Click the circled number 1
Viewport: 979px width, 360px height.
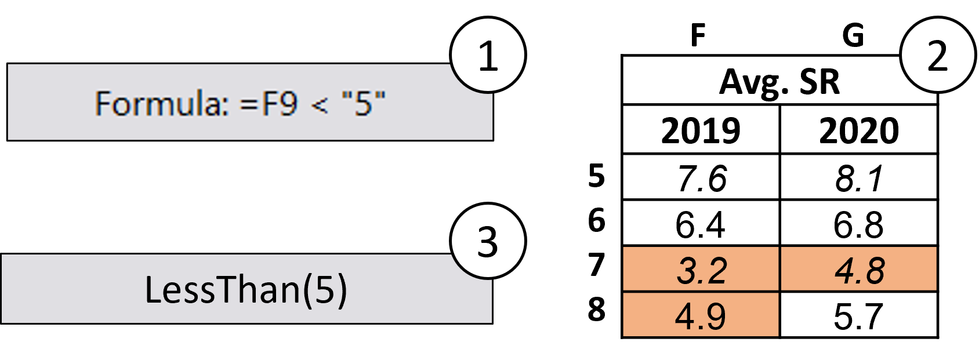click(x=488, y=56)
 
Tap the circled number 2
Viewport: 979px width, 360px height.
click(x=937, y=56)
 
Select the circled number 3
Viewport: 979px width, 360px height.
click(x=488, y=241)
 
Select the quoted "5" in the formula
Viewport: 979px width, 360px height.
click(x=364, y=104)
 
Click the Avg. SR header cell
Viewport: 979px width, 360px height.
click(x=779, y=82)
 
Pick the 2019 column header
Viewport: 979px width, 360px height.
click(x=701, y=130)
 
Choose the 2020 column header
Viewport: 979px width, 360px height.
click(x=859, y=130)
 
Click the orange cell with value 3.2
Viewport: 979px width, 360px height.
click(x=701, y=270)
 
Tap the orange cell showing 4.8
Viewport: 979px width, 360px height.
click(x=859, y=270)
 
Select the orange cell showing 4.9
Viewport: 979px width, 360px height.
click(x=701, y=315)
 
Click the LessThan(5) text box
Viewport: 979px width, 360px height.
click(x=246, y=289)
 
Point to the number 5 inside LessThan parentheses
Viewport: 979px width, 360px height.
click(x=325, y=289)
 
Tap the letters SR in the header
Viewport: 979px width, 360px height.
click(x=820, y=82)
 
